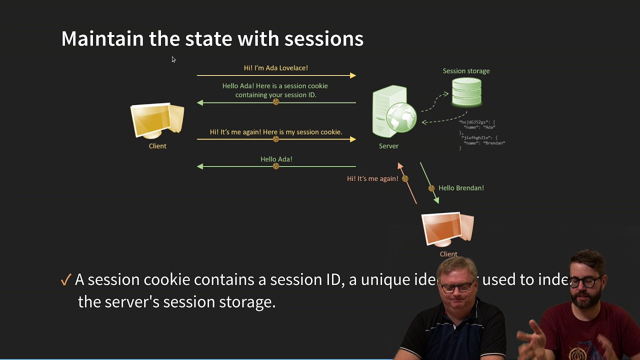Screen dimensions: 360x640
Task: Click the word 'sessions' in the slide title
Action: [x=323, y=39]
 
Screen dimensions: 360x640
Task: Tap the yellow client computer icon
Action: [x=157, y=120]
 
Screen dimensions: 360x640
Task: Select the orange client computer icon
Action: [x=447, y=229]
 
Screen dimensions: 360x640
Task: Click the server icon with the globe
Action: [x=394, y=111]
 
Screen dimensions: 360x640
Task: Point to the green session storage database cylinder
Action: [x=466, y=92]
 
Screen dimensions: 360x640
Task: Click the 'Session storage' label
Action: [x=466, y=71]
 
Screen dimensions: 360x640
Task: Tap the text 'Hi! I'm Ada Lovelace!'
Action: [x=276, y=68]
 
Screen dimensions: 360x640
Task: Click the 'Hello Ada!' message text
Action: [x=276, y=159]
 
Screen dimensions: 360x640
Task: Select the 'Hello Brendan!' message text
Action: [x=461, y=188]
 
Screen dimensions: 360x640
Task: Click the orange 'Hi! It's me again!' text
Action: [x=372, y=178]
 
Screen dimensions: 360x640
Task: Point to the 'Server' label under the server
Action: [x=388, y=146]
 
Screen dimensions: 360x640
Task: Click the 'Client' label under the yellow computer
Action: [x=157, y=146]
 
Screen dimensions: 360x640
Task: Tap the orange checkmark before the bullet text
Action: [x=65, y=280]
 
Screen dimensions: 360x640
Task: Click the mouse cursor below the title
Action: [x=173, y=59]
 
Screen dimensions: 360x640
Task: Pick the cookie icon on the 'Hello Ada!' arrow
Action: [x=276, y=166]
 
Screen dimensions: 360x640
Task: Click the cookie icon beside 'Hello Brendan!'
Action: [x=431, y=188]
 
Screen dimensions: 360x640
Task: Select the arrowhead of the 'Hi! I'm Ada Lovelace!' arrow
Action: [x=353, y=75]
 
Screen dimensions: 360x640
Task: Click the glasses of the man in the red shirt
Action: [x=588, y=282]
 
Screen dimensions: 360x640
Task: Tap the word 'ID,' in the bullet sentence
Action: [x=334, y=280]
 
